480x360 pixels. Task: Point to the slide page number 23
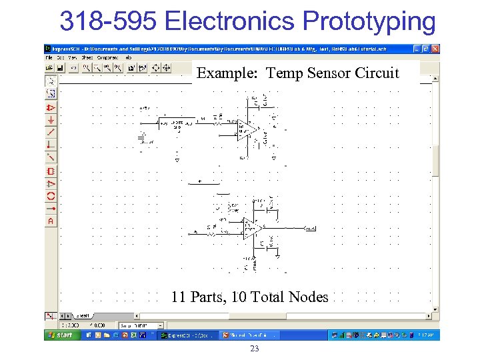point(253,349)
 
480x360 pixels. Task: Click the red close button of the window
point(435,49)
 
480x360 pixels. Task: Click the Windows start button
point(61,335)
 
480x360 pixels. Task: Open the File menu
point(49,58)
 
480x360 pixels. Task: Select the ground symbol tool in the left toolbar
point(51,120)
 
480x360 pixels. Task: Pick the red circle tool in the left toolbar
point(51,196)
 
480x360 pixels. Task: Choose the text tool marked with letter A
point(51,221)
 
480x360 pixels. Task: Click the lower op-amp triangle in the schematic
point(251,229)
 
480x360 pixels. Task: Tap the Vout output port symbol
point(309,229)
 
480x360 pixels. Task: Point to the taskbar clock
point(429,335)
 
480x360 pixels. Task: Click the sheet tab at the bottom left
point(84,315)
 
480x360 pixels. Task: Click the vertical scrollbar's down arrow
point(436,309)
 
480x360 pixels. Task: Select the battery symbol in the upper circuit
point(141,136)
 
